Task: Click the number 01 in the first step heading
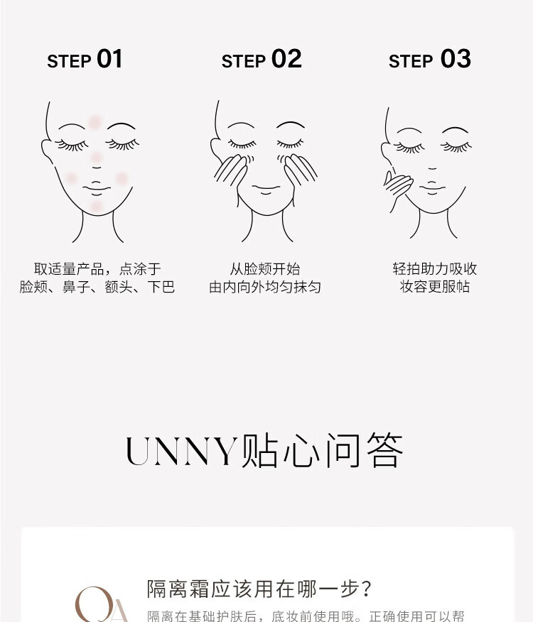tap(109, 59)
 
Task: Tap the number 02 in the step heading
tap(286, 59)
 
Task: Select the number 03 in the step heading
tap(456, 59)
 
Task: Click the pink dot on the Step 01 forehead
tap(95, 122)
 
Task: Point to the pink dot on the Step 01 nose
tap(97, 158)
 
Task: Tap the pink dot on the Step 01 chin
tap(97, 207)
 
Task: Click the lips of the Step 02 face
tap(266, 189)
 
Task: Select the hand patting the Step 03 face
tap(397, 187)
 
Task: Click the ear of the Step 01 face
tap(46, 151)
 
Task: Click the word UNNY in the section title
tap(181, 451)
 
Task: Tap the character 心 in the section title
tap(301, 451)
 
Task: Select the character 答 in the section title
tap(384, 450)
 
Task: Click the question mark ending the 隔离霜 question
tap(367, 589)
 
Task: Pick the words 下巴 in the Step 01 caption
tap(161, 286)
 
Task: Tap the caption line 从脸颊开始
tap(265, 269)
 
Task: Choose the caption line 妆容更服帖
tap(434, 286)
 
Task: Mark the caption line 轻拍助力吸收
tap(434, 269)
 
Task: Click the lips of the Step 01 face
tap(97, 188)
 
